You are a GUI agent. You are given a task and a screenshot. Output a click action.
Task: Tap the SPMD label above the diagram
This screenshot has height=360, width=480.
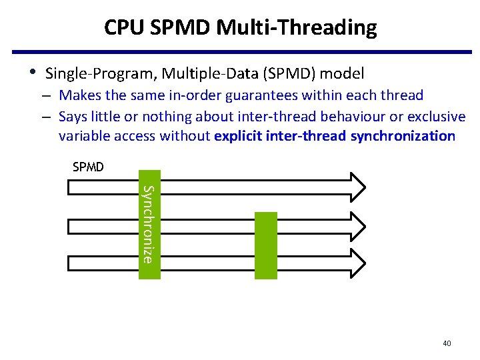tap(88, 167)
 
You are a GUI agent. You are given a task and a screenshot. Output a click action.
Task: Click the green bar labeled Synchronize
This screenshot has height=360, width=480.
tap(149, 225)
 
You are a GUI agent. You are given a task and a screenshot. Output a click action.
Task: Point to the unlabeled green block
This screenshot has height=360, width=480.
tap(265, 245)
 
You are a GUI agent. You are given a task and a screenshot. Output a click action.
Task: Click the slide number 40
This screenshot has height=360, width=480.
tap(447, 343)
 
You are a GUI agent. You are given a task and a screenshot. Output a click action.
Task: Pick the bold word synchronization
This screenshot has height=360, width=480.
tap(403, 137)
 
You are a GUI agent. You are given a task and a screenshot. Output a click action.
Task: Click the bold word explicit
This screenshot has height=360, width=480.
tap(237, 137)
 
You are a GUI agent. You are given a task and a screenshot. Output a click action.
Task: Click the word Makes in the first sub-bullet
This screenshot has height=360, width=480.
tap(77, 96)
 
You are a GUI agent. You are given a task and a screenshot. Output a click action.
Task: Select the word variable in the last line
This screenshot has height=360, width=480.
tap(82, 137)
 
